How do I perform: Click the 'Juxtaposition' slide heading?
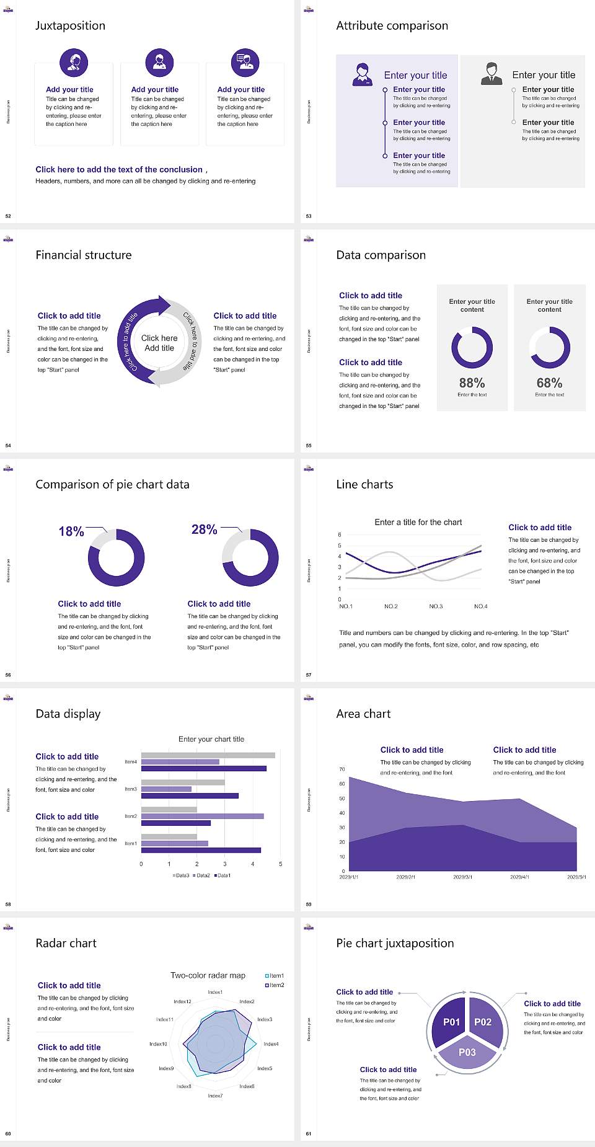[70, 25]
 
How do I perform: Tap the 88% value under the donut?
[472, 383]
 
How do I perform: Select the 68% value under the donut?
[549, 383]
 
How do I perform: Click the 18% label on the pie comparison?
[71, 531]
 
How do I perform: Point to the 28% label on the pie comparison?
[204, 529]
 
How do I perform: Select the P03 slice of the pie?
[467, 1052]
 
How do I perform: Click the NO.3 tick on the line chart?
[436, 606]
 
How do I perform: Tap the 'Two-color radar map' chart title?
[208, 975]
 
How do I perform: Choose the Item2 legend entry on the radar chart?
[275, 985]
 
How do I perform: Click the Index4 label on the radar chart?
[271, 1044]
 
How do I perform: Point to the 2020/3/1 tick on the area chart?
[462, 877]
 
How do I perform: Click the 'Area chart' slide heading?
[363, 714]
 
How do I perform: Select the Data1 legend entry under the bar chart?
[223, 875]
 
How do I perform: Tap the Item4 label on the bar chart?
[131, 761]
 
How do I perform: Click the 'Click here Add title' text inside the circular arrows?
[159, 343]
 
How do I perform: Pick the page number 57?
[309, 675]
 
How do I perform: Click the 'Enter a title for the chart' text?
[418, 522]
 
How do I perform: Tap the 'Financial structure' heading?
[84, 255]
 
